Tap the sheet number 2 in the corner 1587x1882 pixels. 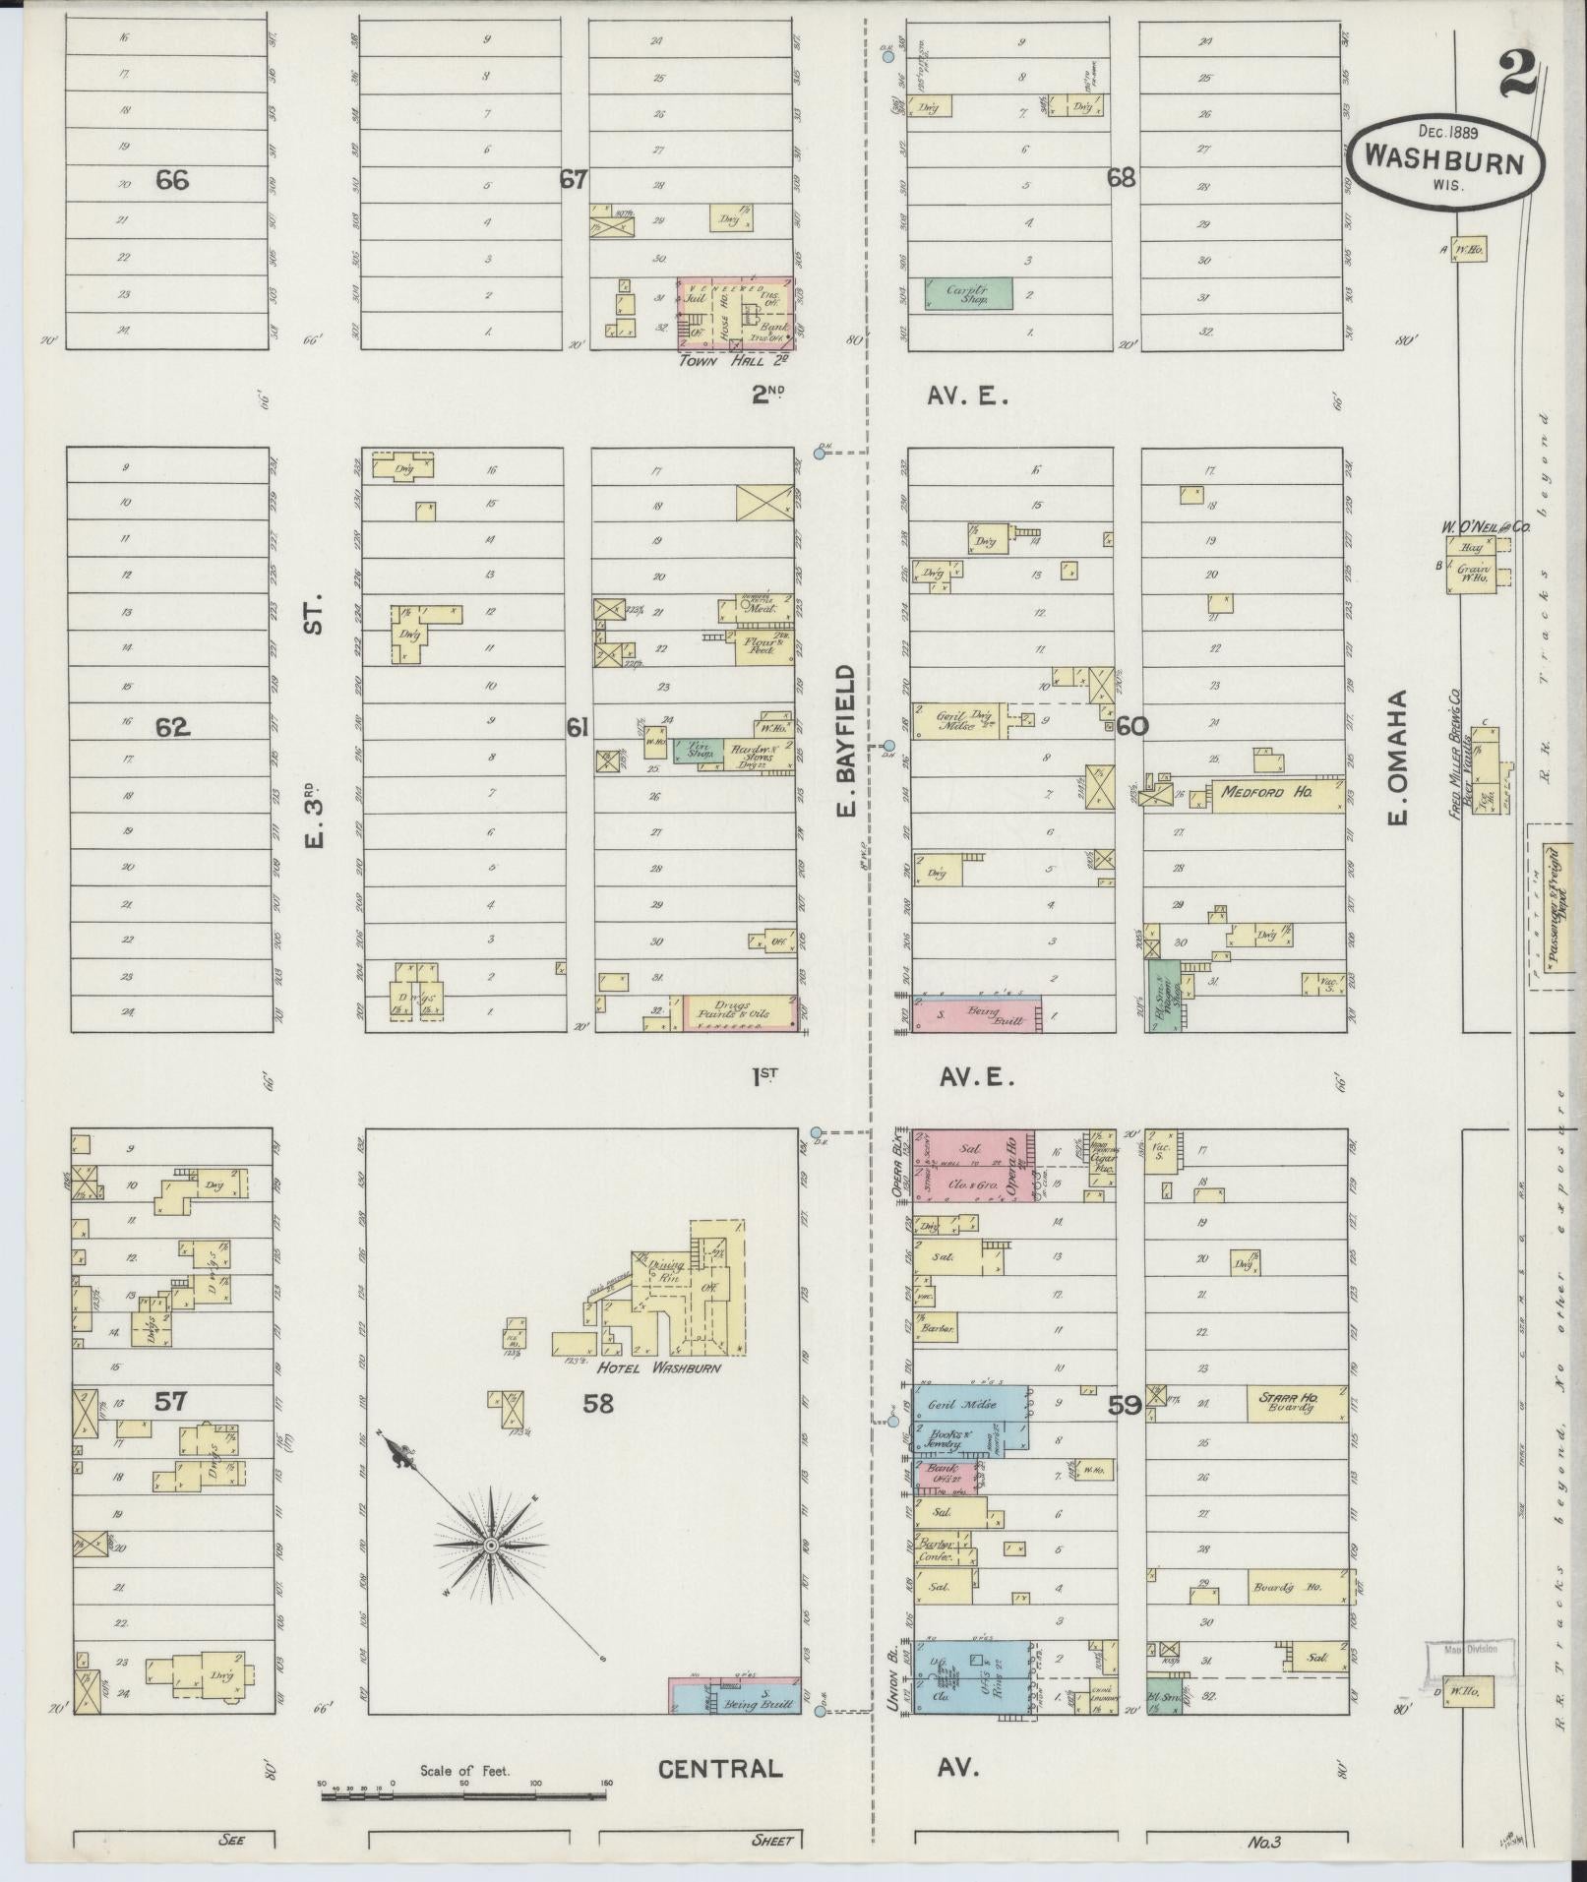click(x=1518, y=74)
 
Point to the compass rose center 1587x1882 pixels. click(x=489, y=1547)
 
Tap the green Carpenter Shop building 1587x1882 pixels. click(x=967, y=292)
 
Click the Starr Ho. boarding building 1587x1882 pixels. click(x=1295, y=1403)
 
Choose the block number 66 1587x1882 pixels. click(x=171, y=180)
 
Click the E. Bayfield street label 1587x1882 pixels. click(x=846, y=740)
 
